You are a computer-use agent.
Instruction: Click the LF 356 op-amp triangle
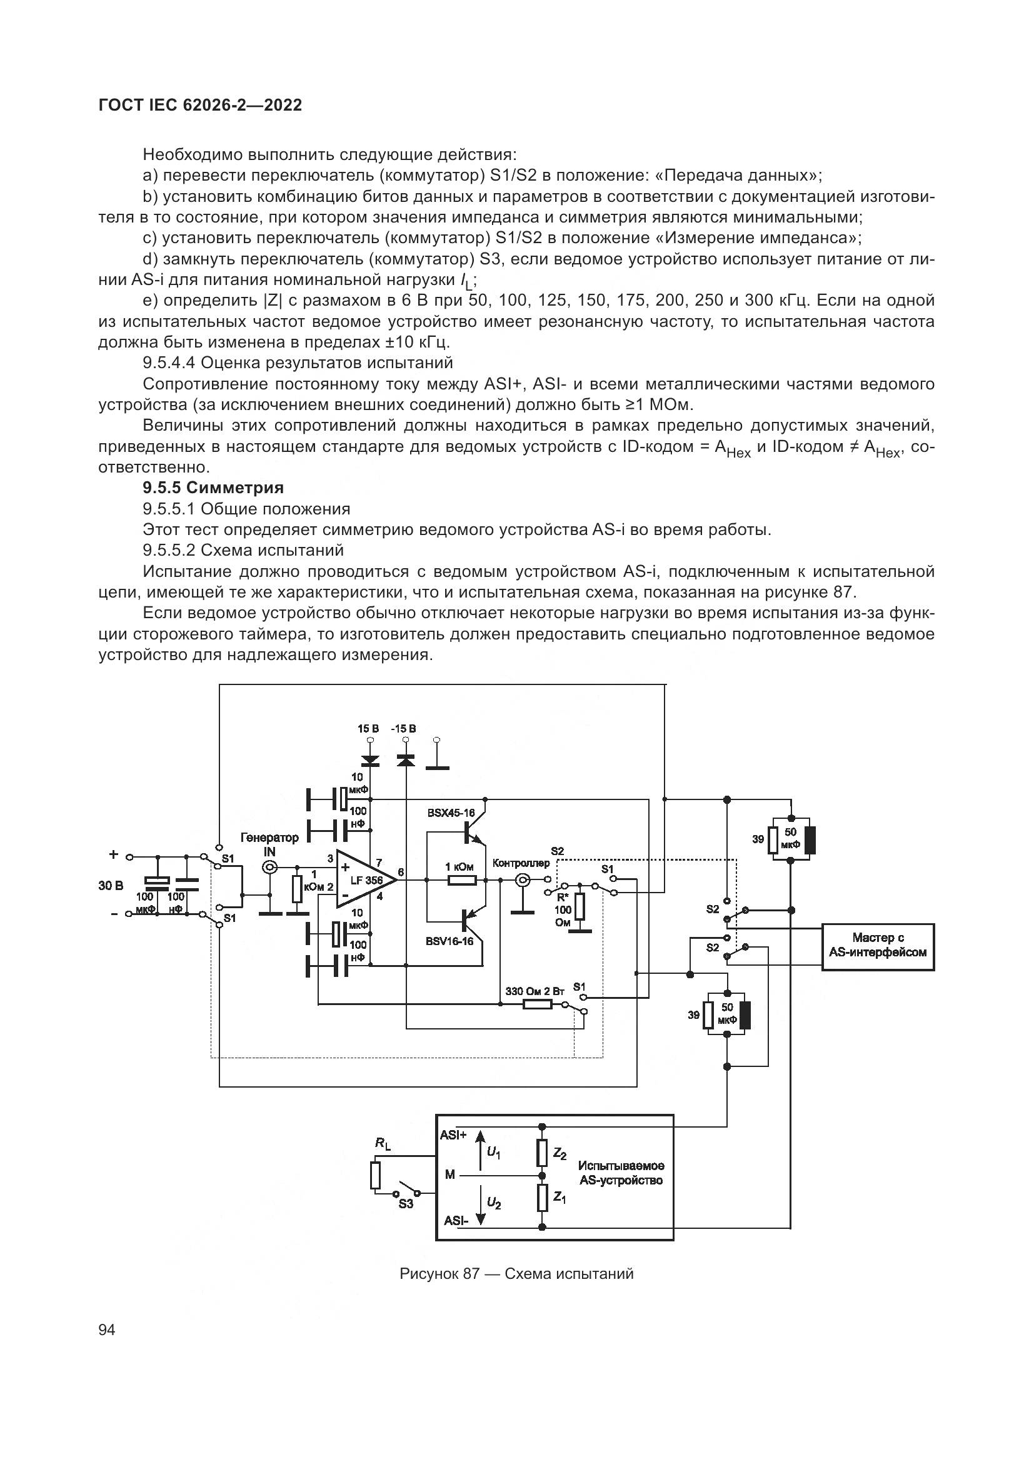pyautogui.click(x=363, y=879)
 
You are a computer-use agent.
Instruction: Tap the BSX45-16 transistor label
pyautogui.click(x=451, y=813)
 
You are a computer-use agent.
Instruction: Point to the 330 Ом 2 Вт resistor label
pyautogui.click(x=535, y=991)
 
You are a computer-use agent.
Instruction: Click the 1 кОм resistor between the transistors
pyautogui.click(x=461, y=880)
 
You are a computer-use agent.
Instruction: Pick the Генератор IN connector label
pyautogui.click(x=269, y=844)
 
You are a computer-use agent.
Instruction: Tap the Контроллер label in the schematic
pyautogui.click(x=521, y=863)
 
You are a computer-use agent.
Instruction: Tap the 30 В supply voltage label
pyautogui.click(x=111, y=885)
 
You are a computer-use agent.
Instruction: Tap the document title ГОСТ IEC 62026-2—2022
pyautogui.click(x=200, y=105)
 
